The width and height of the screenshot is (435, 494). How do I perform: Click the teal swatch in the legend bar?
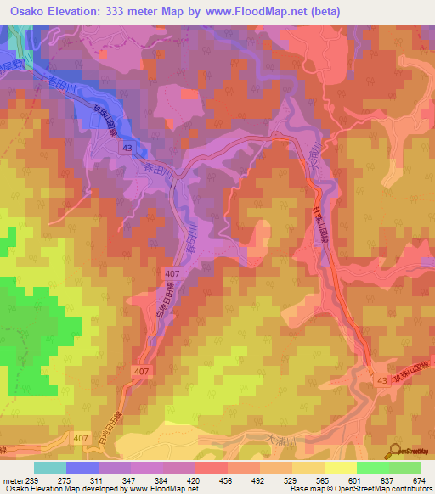point(50,468)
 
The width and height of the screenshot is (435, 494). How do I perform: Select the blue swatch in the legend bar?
point(82,468)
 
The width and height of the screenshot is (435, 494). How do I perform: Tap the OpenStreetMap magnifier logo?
point(393,451)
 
